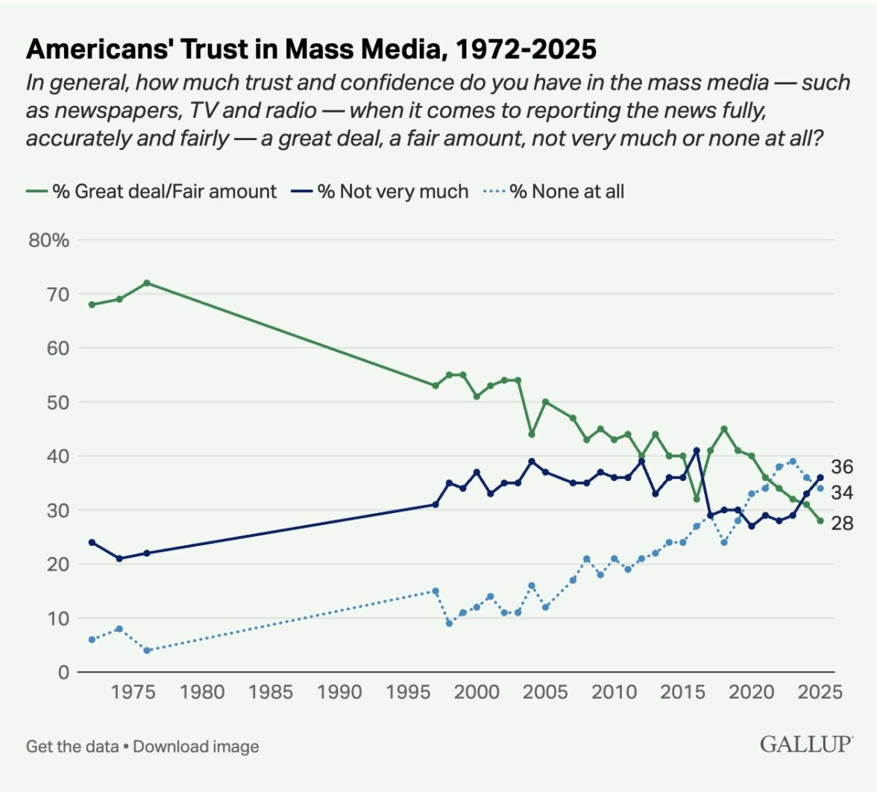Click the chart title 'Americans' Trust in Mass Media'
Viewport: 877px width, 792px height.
(x=311, y=49)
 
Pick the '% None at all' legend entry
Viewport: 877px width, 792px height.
(x=567, y=192)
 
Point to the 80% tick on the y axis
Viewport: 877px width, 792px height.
(x=50, y=240)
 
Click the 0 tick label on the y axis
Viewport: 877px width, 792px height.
(x=63, y=672)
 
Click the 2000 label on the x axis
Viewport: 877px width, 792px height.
(x=477, y=692)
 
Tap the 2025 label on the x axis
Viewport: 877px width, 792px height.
(x=820, y=692)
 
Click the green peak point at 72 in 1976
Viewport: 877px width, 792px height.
(x=147, y=283)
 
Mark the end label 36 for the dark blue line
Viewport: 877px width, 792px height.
(x=843, y=468)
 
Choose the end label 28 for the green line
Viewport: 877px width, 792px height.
(x=843, y=524)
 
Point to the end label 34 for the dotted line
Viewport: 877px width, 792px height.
(x=843, y=492)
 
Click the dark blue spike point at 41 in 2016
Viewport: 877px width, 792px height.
(x=697, y=450)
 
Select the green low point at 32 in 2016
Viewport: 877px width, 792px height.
(x=697, y=499)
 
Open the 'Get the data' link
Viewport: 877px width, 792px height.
(x=72, y=747)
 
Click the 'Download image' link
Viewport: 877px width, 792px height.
(x=196, y=747)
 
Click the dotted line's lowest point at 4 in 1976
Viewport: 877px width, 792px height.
(x=147, y=650)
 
